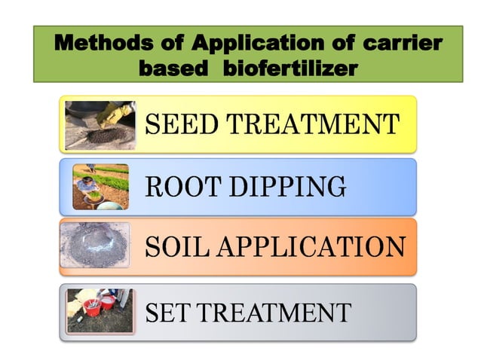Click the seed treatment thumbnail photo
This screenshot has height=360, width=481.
tap(100, 125)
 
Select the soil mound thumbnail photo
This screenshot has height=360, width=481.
tap(97, 246)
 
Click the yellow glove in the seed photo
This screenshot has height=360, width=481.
tap(118, 113)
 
